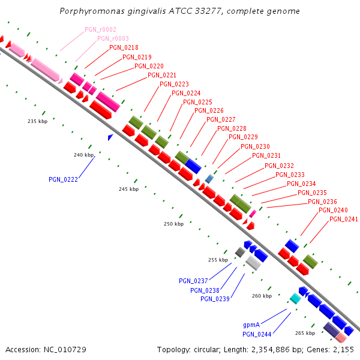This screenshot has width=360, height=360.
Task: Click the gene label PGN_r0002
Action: click(100, 29)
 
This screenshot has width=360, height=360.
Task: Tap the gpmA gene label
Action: click(252, 325)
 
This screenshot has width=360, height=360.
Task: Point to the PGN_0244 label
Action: click(257, 334)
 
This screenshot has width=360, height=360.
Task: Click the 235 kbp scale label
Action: click(37, 121)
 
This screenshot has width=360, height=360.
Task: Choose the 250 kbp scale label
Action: click(173, 224)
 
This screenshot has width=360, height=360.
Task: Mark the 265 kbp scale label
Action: click(305, 333)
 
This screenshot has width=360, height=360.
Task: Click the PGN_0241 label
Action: click(344, 219)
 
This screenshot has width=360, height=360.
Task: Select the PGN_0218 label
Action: click(124, 47)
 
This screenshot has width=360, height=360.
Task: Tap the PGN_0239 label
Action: click(215, 299)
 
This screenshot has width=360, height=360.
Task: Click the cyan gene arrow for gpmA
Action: click(295, 298)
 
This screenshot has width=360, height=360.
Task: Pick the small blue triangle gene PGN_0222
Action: click(110, 137)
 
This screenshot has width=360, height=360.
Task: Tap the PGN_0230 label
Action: click(255, 146)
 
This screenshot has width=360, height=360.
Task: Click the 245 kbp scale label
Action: click(128, 189)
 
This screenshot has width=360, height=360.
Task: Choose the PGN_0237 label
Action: click(193, 281)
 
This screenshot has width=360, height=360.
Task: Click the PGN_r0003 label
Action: click(112, 38)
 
